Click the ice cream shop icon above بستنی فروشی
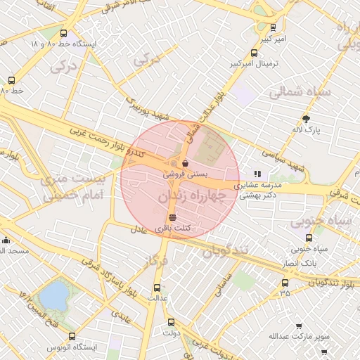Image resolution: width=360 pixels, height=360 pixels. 184,162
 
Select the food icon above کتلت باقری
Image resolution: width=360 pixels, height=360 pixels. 173,217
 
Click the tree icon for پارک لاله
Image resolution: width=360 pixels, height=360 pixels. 305,119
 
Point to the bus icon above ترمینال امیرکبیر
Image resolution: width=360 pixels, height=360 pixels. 255,53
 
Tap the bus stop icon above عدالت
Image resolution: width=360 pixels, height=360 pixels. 157,287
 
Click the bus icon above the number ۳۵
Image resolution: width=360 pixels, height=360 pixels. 285,283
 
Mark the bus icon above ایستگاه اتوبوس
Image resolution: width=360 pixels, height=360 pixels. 70,337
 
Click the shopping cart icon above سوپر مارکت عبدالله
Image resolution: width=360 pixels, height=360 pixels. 299,326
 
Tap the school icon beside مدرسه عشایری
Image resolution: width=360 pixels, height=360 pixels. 257,173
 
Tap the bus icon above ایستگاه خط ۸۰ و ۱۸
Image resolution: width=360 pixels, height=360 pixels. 64,33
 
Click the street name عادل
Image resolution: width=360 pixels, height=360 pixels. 138,230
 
